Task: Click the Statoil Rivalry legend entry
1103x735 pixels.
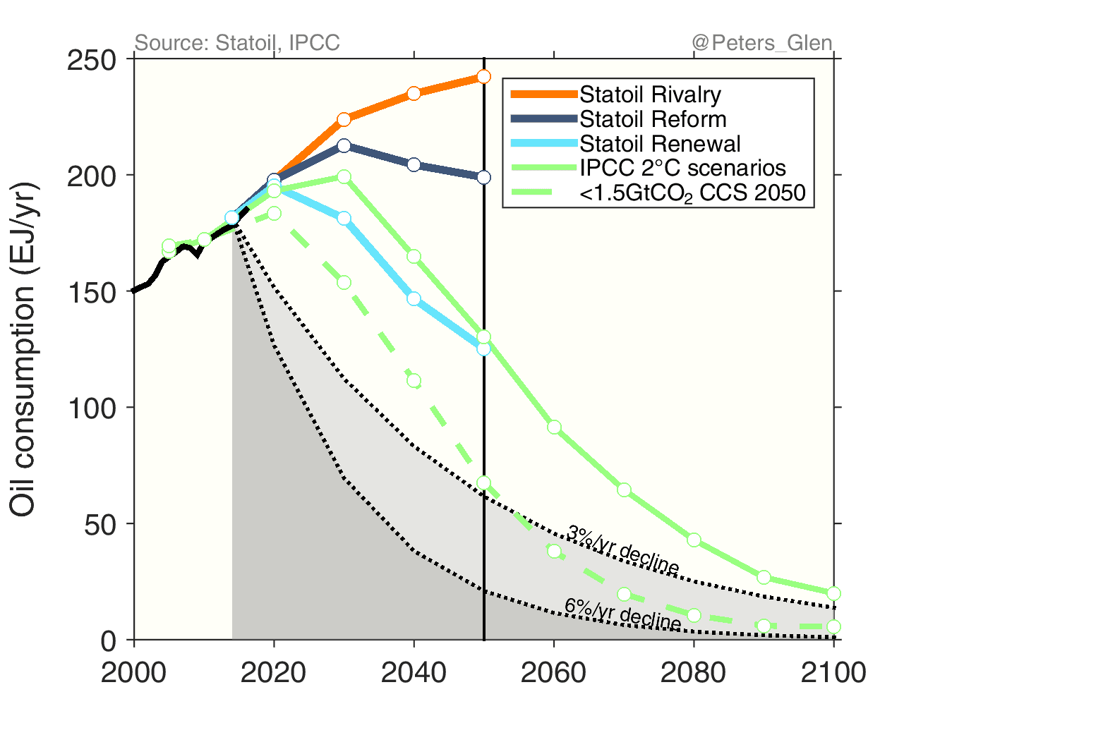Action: (649, 95)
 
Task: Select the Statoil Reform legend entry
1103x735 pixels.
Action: (652, 119)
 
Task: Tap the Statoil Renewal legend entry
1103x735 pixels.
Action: (659, 144)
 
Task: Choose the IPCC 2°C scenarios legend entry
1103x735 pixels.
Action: (682, 168)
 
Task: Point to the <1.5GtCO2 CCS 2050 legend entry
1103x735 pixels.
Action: (692, 193)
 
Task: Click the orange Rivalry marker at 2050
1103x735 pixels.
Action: (483, 76)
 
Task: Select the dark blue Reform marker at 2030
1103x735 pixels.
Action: (344, 145)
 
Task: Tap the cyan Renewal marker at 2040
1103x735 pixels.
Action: (414, 298)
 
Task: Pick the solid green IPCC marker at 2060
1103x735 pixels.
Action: (554, 427)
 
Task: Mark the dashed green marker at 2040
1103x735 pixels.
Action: (414, 381)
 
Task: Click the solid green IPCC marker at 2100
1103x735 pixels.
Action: (833, 593)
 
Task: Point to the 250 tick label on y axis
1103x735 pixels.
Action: (91, 61)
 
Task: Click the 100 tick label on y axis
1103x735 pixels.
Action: (91, 408)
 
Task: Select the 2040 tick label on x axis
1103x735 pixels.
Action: (414, 672)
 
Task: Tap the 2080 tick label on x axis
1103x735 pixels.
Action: (693, 672)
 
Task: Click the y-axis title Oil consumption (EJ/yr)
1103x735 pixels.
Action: (23, 349)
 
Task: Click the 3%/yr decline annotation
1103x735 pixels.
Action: (622, 550)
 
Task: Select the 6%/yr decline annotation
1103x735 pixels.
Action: (622, 614)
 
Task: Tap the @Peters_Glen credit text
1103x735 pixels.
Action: (762, 43)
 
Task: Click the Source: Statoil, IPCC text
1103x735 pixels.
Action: (237, 43)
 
